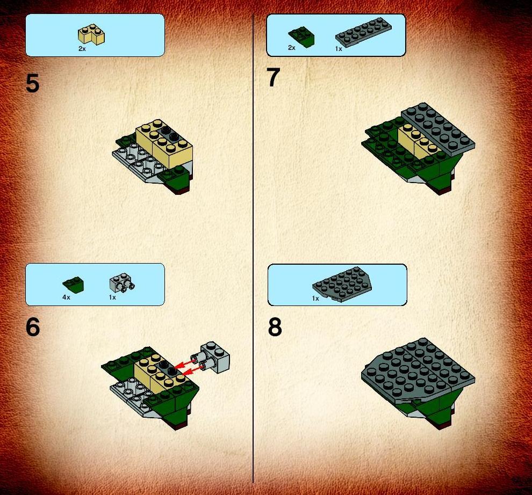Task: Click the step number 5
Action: (x=33, y=83)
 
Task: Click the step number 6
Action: (x=33, y=327)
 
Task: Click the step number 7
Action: (x=274, y=77)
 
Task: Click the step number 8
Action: (x=275, y=327)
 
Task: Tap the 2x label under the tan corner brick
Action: (x=82, y=49)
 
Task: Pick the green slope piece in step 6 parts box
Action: (x=73, y=285)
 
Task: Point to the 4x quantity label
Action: (x=66, y=297)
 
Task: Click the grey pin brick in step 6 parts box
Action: (x=122, y=283)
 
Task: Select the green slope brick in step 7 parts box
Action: (x=301, y=37)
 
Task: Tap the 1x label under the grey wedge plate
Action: (x=315, y=299)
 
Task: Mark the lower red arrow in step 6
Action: (x=191, y=372)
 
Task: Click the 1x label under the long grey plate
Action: (x=339, y=49)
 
